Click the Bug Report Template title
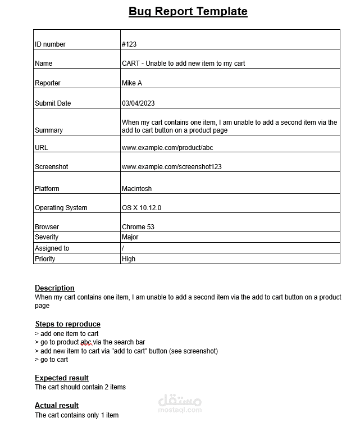(x=188, y=11)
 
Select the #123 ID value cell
(x=129, y=44)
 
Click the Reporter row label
(x=48, y=83)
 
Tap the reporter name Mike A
(x=132, y=83)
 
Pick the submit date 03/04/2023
(x=138, y=103)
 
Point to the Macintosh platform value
(x=136, y=189)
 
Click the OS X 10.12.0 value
(x=142, y=208)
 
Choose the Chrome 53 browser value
(x=138, y=227)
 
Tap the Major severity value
(x=130, y=237)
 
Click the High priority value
(x=129, y=259)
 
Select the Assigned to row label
(x=52, y=248)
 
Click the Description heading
(x=54, y=288)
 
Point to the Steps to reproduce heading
(x=68, y=324)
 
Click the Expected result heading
(x=62, y=378)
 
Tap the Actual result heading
(x=57, y=406)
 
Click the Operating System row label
(x=61, y=208)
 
